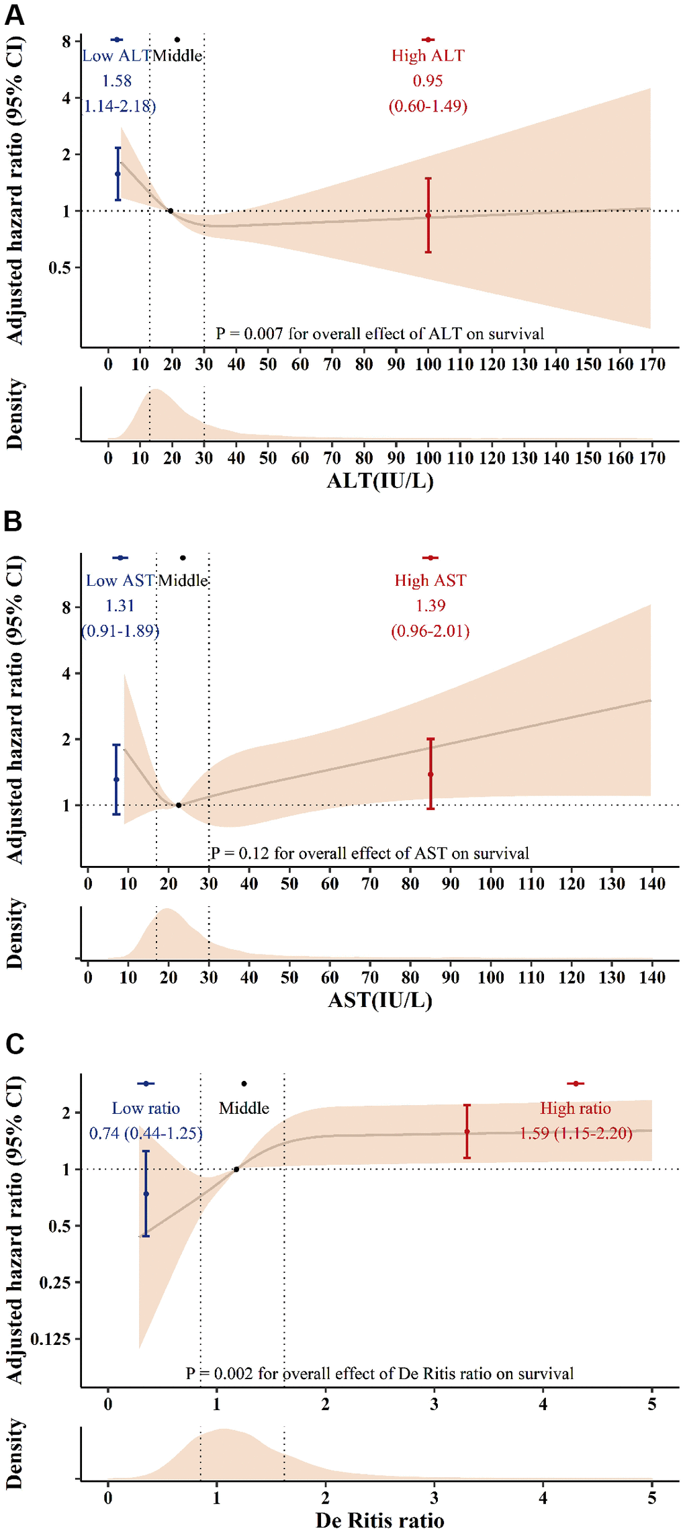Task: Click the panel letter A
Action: [x=14, y=14]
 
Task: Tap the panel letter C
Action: [x=14, y=1044]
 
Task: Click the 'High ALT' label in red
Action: [x=428, y=56]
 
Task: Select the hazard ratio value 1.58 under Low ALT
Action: [x=117, y=81]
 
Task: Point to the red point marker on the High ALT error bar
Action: [x=428, y=216]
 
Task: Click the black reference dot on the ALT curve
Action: [x=171, y=211]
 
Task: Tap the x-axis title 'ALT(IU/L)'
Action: [x=380, y=481]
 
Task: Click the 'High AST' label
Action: [x=430, y=580]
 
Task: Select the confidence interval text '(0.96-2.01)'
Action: [x=430, y=631]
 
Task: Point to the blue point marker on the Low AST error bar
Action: [x=117, y=779]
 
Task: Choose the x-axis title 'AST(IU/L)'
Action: [x=380, y=1000]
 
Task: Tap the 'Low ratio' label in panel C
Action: [x=146, y=1108]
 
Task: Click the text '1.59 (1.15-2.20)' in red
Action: [x=576, y=1133]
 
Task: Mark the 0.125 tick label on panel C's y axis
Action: [x=51, y=1340]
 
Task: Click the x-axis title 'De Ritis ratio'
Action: [x=380, y=1520]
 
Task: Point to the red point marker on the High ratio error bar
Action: [x=467, y=1132]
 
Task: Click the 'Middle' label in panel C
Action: [x=244, y=1108]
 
